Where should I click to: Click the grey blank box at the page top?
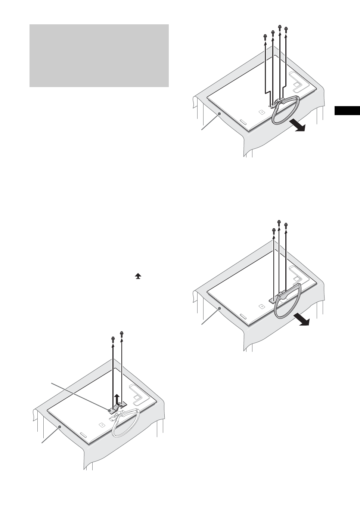(x=99, y=56)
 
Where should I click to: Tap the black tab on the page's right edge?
(x=347, y=111)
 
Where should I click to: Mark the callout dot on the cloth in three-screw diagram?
(x=221, y=308)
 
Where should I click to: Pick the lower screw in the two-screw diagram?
(x=113, y=338)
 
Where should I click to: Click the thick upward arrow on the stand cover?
(x=118, y=399)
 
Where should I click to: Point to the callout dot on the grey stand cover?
(x=110, y=410)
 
